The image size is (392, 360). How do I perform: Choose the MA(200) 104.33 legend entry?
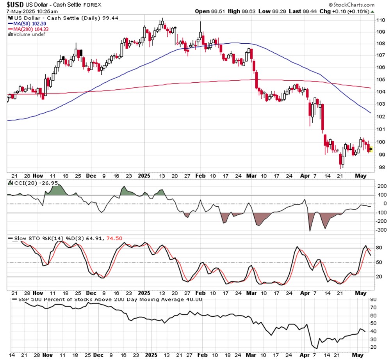click(27, 29)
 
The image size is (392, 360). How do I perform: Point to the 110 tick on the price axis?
click(381, 20)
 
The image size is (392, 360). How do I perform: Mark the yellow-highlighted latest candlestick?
click(371, 149)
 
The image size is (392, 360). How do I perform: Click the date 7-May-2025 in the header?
click(19, 11)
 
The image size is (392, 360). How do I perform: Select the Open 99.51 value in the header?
click(209, 11)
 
